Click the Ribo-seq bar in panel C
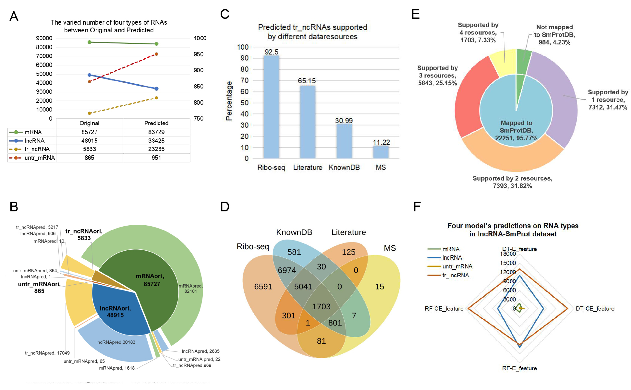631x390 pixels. pos(271,107)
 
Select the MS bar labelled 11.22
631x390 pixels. pos(381,152)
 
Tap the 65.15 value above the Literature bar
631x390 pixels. pos(307,81)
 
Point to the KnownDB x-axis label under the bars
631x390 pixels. pos(344,168)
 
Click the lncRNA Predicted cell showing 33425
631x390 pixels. pos(156,141)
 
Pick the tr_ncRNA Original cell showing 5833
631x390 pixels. pos(90,149)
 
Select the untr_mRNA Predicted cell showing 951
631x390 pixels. pos(156,158)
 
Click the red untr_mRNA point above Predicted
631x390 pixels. pos(156,54)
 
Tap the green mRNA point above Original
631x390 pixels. pos(90,42)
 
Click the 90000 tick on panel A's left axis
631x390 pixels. pos(44,38)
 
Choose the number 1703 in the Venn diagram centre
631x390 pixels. pos(322,307)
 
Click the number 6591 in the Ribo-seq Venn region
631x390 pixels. pos(263,287)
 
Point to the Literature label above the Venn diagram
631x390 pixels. pos(348,232)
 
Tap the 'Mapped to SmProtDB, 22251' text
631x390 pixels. pos(516,130)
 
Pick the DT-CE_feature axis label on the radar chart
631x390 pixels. pos(595,309)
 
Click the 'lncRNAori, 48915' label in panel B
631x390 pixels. pos(115,312)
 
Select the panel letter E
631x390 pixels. pos(416,15)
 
